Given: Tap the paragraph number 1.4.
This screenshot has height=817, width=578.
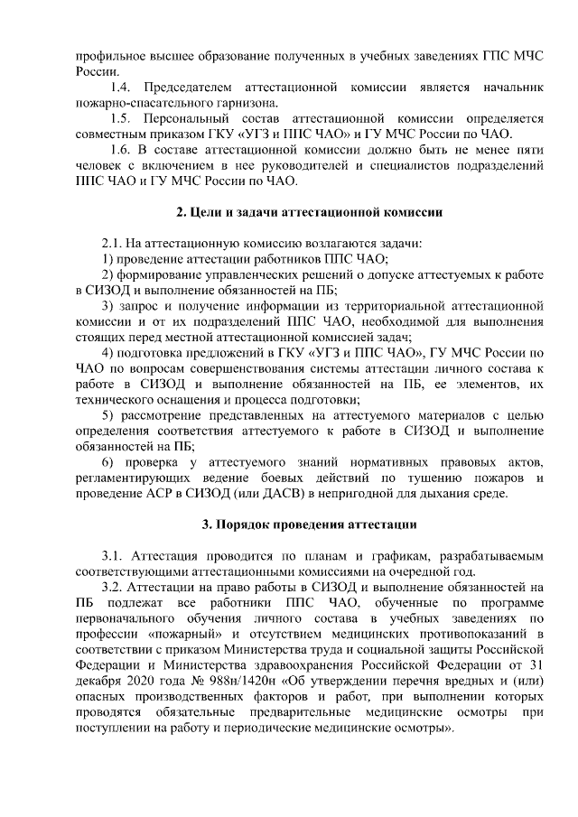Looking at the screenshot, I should (x=120, y=88).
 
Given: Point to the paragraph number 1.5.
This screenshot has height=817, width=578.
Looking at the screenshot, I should (x=120, y=118).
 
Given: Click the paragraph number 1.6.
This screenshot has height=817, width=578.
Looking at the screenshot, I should (x=120, y=149).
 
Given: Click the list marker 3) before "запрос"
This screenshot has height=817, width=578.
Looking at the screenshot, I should (x=107, y=306).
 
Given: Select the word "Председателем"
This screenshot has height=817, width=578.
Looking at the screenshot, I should (x=184, y=88).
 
